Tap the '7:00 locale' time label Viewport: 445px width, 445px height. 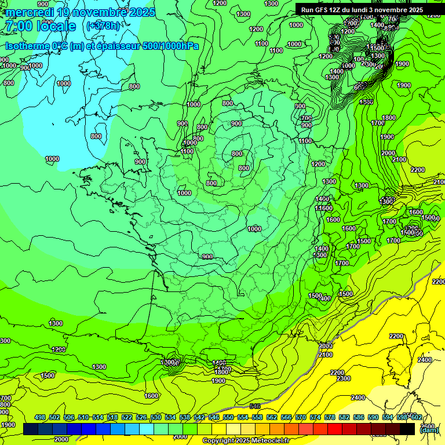click(40, 27)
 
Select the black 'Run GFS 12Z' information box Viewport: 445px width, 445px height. click(362, 10)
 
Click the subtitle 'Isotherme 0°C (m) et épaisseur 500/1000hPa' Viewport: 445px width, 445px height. click(101, 46)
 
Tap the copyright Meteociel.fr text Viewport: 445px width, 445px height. click(247, 441)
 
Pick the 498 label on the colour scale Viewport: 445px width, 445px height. click(40, 417)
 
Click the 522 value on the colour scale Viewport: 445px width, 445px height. click(127, 417)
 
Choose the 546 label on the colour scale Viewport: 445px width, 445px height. click(214, 417)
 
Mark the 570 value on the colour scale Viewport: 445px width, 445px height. click(301, 417)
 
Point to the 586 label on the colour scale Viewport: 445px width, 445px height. click(359, 417)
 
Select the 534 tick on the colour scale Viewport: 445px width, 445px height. click(170, 417)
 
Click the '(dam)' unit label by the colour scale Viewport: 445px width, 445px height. click(429, 430)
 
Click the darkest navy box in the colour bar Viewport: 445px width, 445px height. click(31, 429)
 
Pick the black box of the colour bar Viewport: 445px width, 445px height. click(407, 429)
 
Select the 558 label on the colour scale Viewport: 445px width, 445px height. click(257, 417)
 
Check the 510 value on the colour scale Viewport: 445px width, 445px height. click(83, 417)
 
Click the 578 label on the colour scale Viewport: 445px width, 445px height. click(330, 417)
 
